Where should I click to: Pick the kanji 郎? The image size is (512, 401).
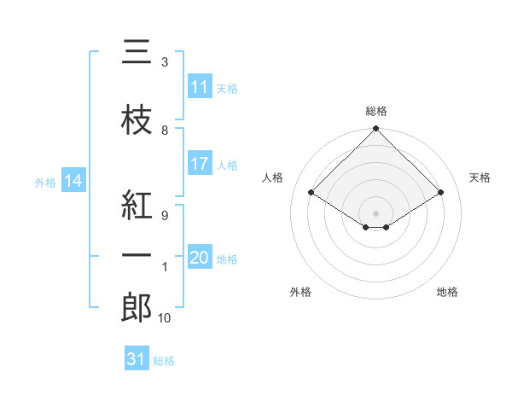tap(137, 307)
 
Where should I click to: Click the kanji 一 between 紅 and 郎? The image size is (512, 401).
tap(137, 256)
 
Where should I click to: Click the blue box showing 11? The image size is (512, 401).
tap(200, 87)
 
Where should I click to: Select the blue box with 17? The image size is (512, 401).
tap(200, 164)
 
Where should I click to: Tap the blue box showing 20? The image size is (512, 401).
tap(200, 259)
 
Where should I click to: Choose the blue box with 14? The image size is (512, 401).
tap(73, 181)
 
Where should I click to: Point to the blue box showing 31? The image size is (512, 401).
tap(137, 359)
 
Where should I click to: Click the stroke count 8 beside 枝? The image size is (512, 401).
tap(165, 131)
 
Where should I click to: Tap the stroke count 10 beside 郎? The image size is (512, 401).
tap(165, 318)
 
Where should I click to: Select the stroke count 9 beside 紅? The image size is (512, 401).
tap(165, 215)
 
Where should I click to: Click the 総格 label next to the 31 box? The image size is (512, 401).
tap(164, 361)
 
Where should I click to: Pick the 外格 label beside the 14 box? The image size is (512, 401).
tap(45, 182)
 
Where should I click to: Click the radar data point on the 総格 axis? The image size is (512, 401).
tap(375, 129)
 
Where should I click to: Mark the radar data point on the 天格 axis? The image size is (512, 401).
tap(441, 193)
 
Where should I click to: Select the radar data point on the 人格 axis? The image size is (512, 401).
tap(311, 193)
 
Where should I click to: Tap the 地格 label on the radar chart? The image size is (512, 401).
tap(447, 292)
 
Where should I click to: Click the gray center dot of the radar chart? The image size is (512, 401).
tap(375, 212)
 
